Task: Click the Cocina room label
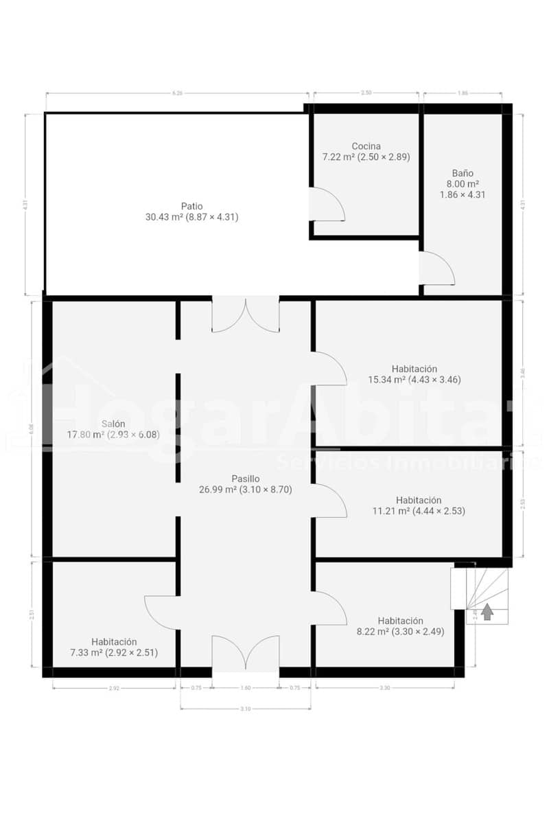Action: (x=366, y=146)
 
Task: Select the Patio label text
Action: (x=191, y=206)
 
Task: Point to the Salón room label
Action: (x=113, y=424)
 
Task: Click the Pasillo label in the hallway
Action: (x=245, y=479)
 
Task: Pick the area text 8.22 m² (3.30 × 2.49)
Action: (x=400, y=632)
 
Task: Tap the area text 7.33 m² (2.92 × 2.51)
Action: (x=114, y=652)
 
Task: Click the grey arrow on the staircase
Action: (x=487, y=611)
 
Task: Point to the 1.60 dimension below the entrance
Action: (x=246, y=687)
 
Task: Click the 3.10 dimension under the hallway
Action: (x=246, y=709)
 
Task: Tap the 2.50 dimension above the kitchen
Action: (x=366, y=93)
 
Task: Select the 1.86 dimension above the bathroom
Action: (x=462, y=93)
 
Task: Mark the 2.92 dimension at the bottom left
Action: (x=114, y=687)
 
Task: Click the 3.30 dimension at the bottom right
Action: (x=384, y=687)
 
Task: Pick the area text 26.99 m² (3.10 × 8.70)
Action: (x=245, y=489)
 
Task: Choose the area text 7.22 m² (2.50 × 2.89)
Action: (x=366, y=157)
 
